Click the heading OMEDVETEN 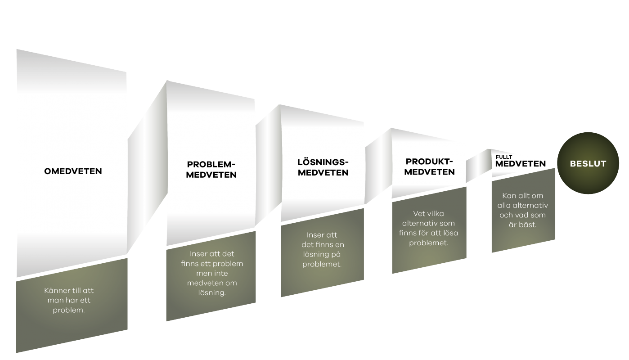tap(73, 171)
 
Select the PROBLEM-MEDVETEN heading tap(211, 170)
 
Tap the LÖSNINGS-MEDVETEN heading tap(323, 167)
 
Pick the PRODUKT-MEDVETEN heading tap(429, 166)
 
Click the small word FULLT tap(504, 157)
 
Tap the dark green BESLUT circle tap(588, 163)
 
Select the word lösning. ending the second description tap(212, 293)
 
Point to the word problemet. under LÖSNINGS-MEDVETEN tap(322, 264)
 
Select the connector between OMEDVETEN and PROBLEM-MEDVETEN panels tap(148, 167)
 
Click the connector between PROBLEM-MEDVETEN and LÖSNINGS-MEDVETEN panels tap(268, 166)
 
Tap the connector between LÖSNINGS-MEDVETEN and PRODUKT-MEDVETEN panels tap(378, 166)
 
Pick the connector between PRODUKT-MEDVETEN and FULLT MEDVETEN tap(479, 166)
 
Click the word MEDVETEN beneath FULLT tap(520, 164)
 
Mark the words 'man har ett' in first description tap(69, 301)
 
